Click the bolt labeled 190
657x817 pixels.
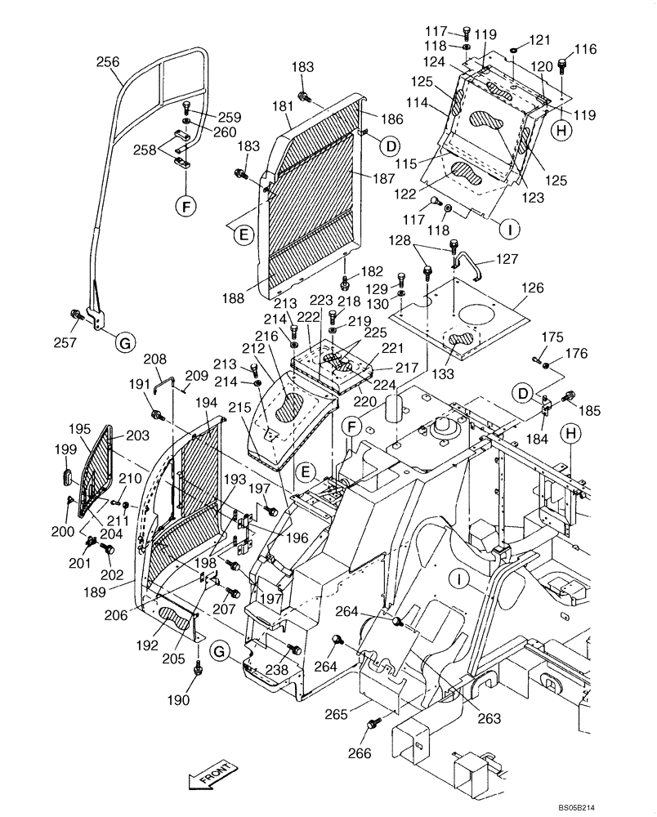(x=198, y=669)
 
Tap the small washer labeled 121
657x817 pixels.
(x=514, y=51)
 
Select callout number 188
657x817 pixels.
(x=232, y=299)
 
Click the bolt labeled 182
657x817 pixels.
(x=345, y=283)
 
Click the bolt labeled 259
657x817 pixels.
(x=187, y=106)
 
